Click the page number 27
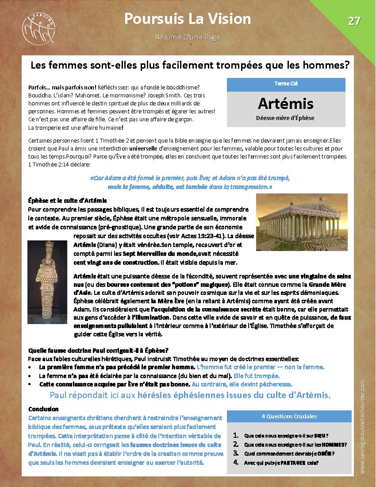tap(354, 21)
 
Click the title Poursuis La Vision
tap(188, 19)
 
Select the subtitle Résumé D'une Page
tap(188, 37)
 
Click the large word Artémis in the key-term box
tap(286, 103)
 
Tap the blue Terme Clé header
tap(286, 84)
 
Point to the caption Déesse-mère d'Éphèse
tap(286, 118)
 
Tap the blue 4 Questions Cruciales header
tap(286, 416)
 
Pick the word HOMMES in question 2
tap(334, 444)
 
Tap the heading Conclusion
tap(43, 409)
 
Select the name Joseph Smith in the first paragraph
tap(177, 95)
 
